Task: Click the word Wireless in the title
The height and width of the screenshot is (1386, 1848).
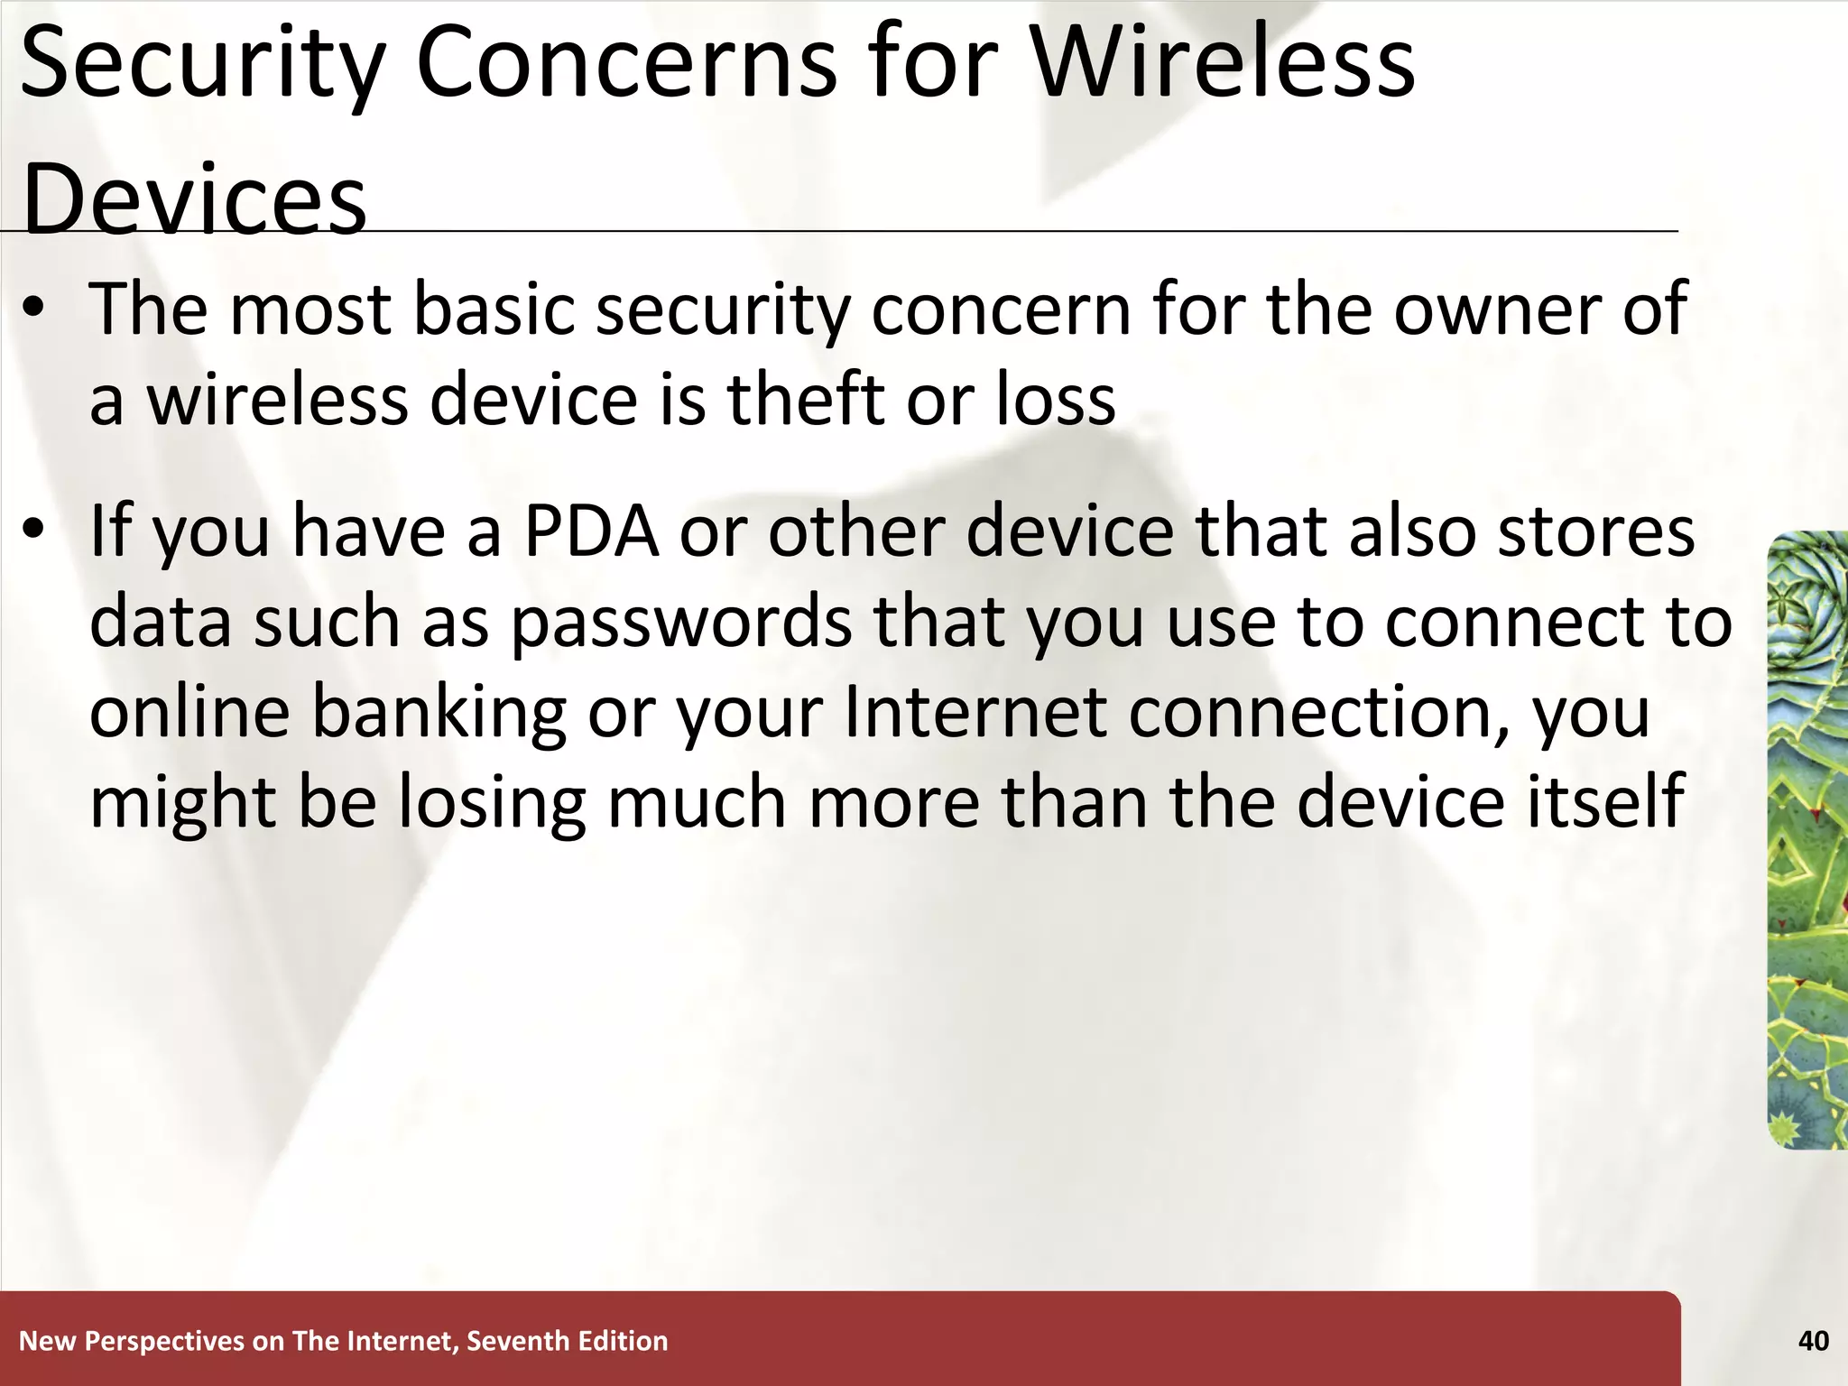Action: coord(1223,63)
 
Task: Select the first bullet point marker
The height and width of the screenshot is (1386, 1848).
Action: coord(34,310)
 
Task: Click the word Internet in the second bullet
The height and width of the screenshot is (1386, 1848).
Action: coord(974,711)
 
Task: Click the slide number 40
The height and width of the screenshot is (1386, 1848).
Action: coord(1813,1341)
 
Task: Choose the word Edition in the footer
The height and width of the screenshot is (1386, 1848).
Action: coord(623,1341)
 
